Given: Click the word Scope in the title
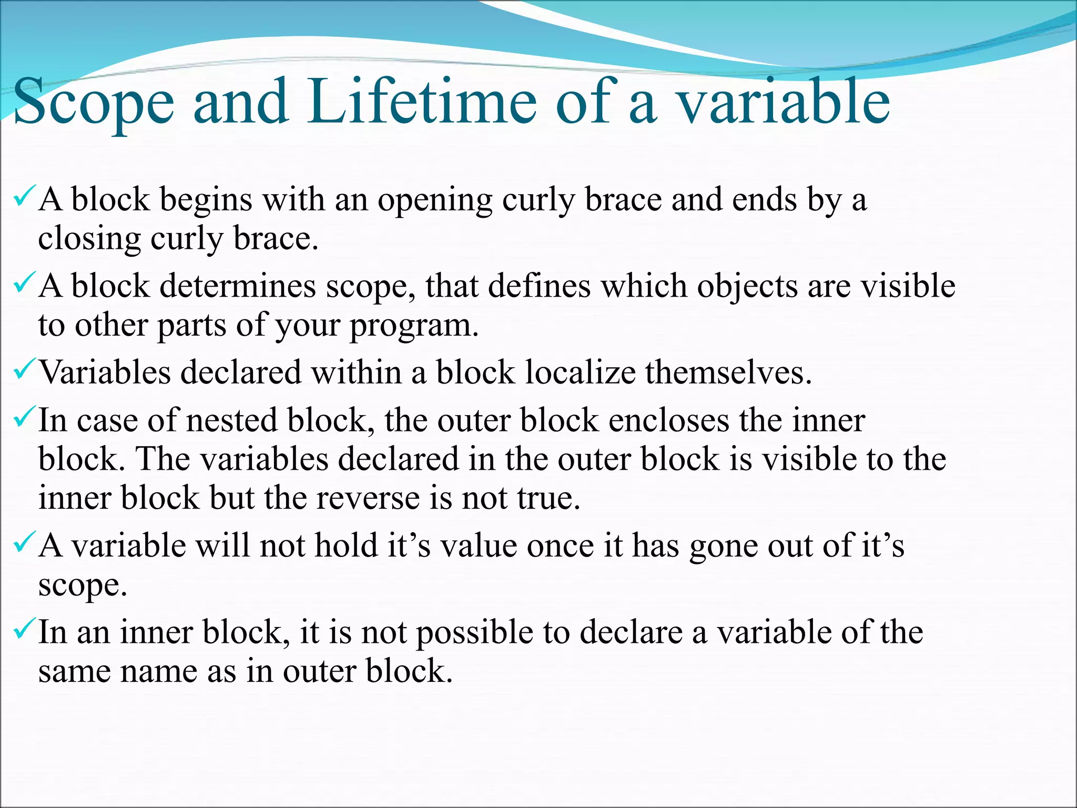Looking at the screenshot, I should [94, 103].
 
